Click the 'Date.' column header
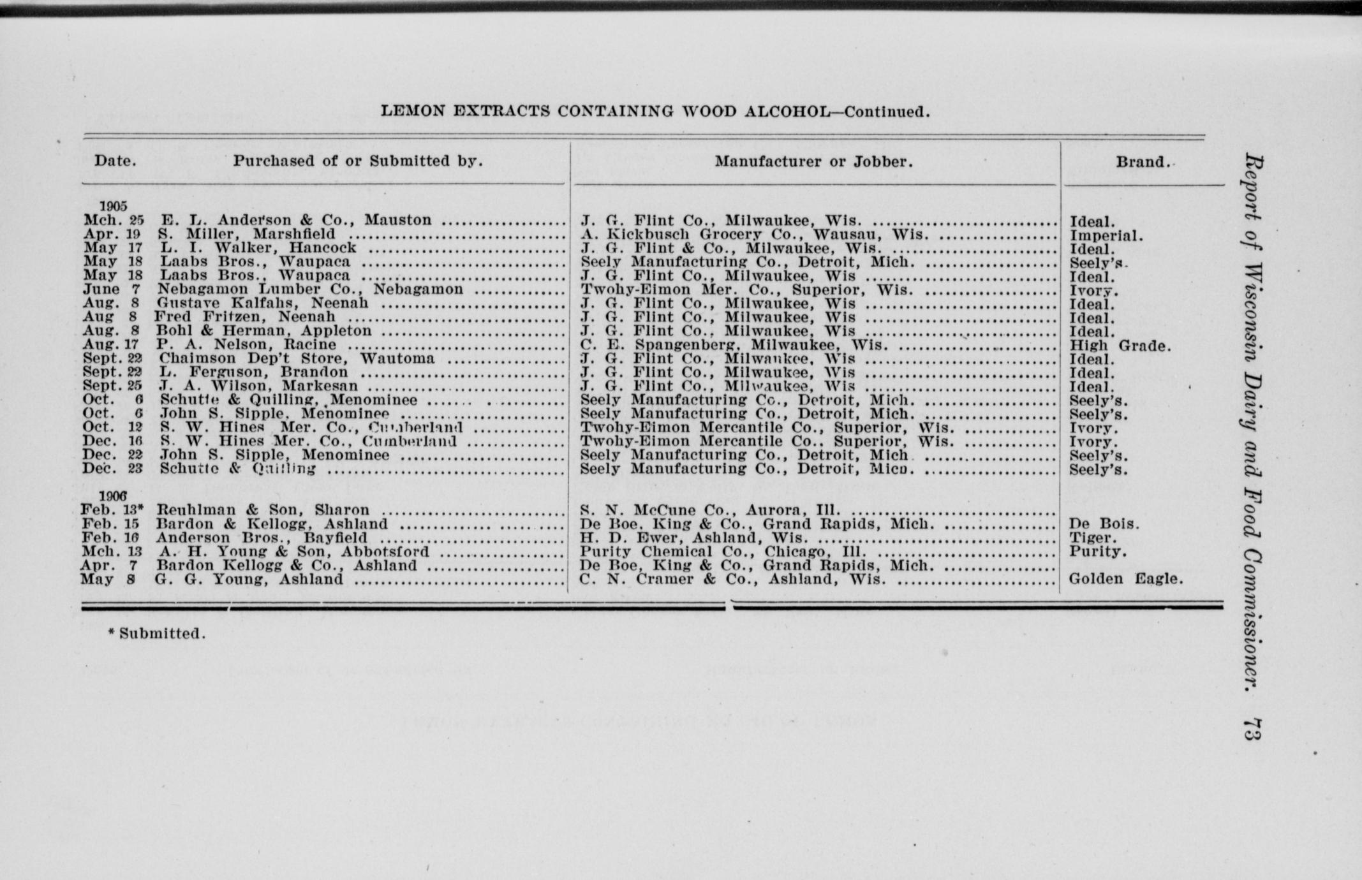coord(115,161)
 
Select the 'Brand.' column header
coord(1143,162)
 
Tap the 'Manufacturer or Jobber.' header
coord(813,162)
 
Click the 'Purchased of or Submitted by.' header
coord(357,161)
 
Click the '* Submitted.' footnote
coord(157,634)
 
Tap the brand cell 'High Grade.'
coord(1120,346)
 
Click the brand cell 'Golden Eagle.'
coord(1126,579)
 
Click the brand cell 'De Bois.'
coord(1104,524)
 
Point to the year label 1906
coord(113,496)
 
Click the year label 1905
coord(113,206)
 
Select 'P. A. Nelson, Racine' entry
coord(246,345)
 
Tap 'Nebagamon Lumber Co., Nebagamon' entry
coord(311,290)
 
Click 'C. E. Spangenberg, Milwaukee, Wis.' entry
coord(734,345)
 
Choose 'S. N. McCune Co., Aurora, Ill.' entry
coord(710,510)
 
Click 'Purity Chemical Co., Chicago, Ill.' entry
coord(722,552)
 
